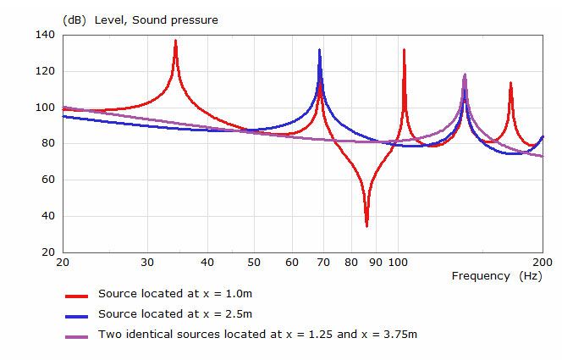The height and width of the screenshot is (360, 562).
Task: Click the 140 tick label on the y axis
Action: tap(45, 35)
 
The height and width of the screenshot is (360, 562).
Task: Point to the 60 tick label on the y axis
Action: tap(48, 180)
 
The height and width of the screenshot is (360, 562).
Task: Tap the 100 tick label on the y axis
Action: tap(45, 108)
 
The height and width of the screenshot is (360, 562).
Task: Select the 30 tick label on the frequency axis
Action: tap(147, 262)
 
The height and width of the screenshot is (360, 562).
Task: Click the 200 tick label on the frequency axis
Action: tap(542, 262)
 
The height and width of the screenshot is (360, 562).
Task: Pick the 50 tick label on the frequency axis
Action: tap(254, 262)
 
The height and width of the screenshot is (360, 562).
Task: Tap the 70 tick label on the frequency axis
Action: tap(323, 262)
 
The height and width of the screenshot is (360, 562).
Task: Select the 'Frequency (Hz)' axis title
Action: tap(496, 276)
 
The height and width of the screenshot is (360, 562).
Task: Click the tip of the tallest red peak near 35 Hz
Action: tap(175, 40)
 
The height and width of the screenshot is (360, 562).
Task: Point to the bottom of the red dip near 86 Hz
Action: tap(366, 226)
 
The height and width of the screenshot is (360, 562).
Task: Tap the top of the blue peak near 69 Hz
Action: tap(319, 49)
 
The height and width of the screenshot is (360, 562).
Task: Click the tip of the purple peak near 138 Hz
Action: tap(465, 75)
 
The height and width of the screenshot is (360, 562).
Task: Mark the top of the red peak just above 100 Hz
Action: tap(404, 49)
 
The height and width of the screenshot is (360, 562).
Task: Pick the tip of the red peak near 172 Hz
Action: tap(510, 82)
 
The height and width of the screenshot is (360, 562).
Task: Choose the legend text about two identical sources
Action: tap(257, 335)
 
